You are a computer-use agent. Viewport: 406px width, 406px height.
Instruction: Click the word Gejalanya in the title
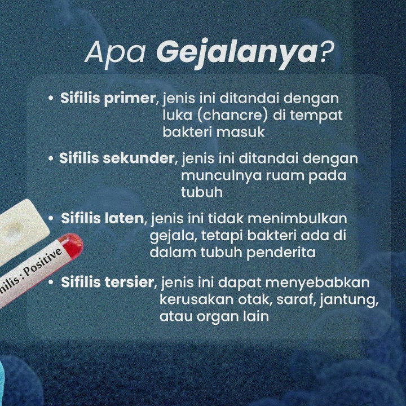[237, 52]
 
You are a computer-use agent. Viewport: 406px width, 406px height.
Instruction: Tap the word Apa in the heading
[117, 52]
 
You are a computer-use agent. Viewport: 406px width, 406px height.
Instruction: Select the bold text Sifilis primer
[108, 99]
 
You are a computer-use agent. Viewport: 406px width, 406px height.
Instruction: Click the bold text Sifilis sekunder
[117, 158]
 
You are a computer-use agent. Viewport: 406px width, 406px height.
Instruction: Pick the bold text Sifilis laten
[103, 218]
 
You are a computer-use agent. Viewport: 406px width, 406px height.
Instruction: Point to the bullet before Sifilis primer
[50, 99]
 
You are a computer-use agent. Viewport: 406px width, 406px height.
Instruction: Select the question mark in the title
[325, 52]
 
